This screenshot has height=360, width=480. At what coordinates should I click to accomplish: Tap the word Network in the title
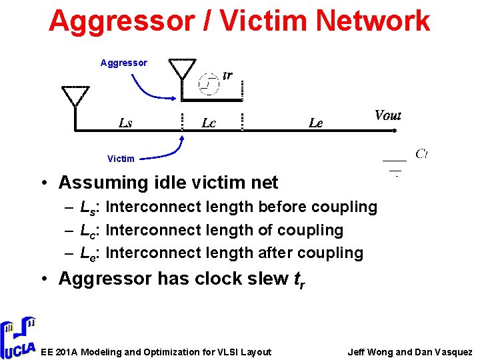click(x=373, y=21)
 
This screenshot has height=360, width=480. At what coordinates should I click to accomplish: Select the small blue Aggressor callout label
click(x=124, y=63)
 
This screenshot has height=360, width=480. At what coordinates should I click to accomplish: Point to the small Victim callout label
click(x=121, y=159)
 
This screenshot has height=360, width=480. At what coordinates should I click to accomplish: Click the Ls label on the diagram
click(x=125, y=123)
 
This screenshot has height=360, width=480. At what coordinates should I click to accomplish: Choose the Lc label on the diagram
click(x=209, y=123)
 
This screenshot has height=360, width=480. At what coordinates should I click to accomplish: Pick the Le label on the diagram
click(x=316, y=123)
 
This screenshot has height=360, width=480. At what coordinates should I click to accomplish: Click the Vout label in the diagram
click(x=387, y=115)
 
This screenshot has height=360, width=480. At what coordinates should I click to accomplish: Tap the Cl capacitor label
click(x=421, y=154)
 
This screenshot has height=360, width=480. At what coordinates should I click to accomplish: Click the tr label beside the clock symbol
click(x=227, y=75)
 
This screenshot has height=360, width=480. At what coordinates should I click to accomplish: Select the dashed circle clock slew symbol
click(x=209, y=83)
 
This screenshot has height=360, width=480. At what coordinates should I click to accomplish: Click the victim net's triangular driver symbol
click(x=75, y=96)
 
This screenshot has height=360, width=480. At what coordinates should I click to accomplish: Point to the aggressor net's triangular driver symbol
click(x=182, y=69)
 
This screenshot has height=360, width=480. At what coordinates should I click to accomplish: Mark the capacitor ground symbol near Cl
click(x=395, y=167)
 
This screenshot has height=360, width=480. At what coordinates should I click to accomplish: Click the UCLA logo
click(x=18, y=337)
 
